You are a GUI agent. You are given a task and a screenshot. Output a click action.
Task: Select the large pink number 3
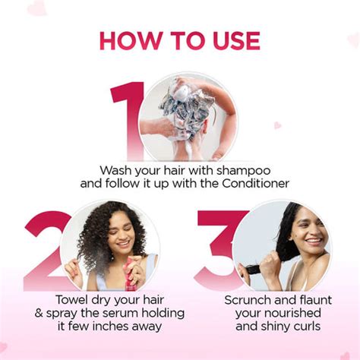(216, 247)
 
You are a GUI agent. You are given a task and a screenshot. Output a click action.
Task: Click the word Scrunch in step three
(248, 298)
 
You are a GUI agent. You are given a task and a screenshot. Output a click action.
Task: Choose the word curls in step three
(305, 327)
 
